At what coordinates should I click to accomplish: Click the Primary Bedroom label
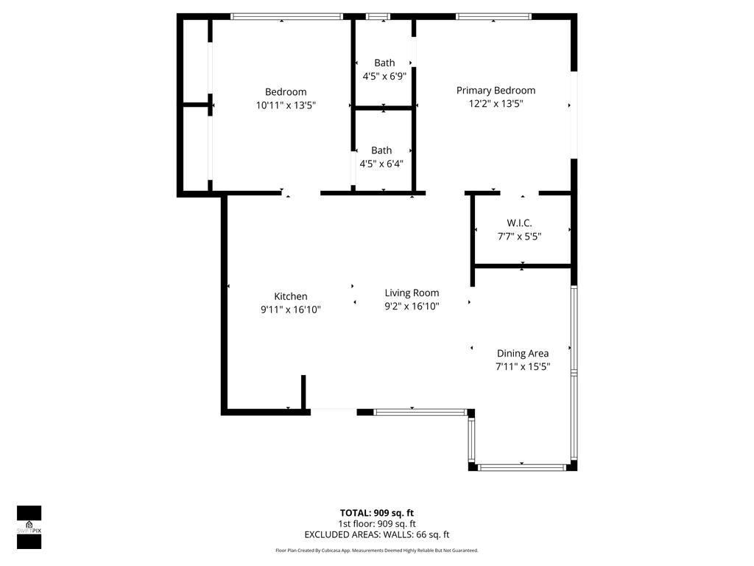[496, 90]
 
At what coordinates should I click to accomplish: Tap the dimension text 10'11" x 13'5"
[286, 105]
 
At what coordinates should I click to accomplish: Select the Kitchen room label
[291, 296]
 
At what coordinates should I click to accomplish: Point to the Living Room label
[412, 293]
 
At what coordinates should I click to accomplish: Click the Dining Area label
[522, 353]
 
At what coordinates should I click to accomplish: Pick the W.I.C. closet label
[519, 223]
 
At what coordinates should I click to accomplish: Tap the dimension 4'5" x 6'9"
[384, 75]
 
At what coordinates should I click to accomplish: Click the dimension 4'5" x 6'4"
[381, 163]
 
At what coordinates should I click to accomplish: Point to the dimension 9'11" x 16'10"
[291, 310]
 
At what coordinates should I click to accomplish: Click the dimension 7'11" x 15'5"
[523, 366]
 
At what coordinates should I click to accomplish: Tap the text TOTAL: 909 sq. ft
[377, 512]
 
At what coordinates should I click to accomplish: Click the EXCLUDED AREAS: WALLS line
[377, 535]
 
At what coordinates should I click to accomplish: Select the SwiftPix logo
[29, 527]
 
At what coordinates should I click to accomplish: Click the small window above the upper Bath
[378, 16]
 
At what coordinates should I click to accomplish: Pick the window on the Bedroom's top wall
[286, 16]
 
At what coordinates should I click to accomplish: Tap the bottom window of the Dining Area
[522, 467]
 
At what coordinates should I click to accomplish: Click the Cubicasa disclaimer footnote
[377, 551]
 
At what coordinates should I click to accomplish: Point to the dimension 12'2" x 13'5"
[496, 104]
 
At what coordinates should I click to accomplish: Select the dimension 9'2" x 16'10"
[412, 306]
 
